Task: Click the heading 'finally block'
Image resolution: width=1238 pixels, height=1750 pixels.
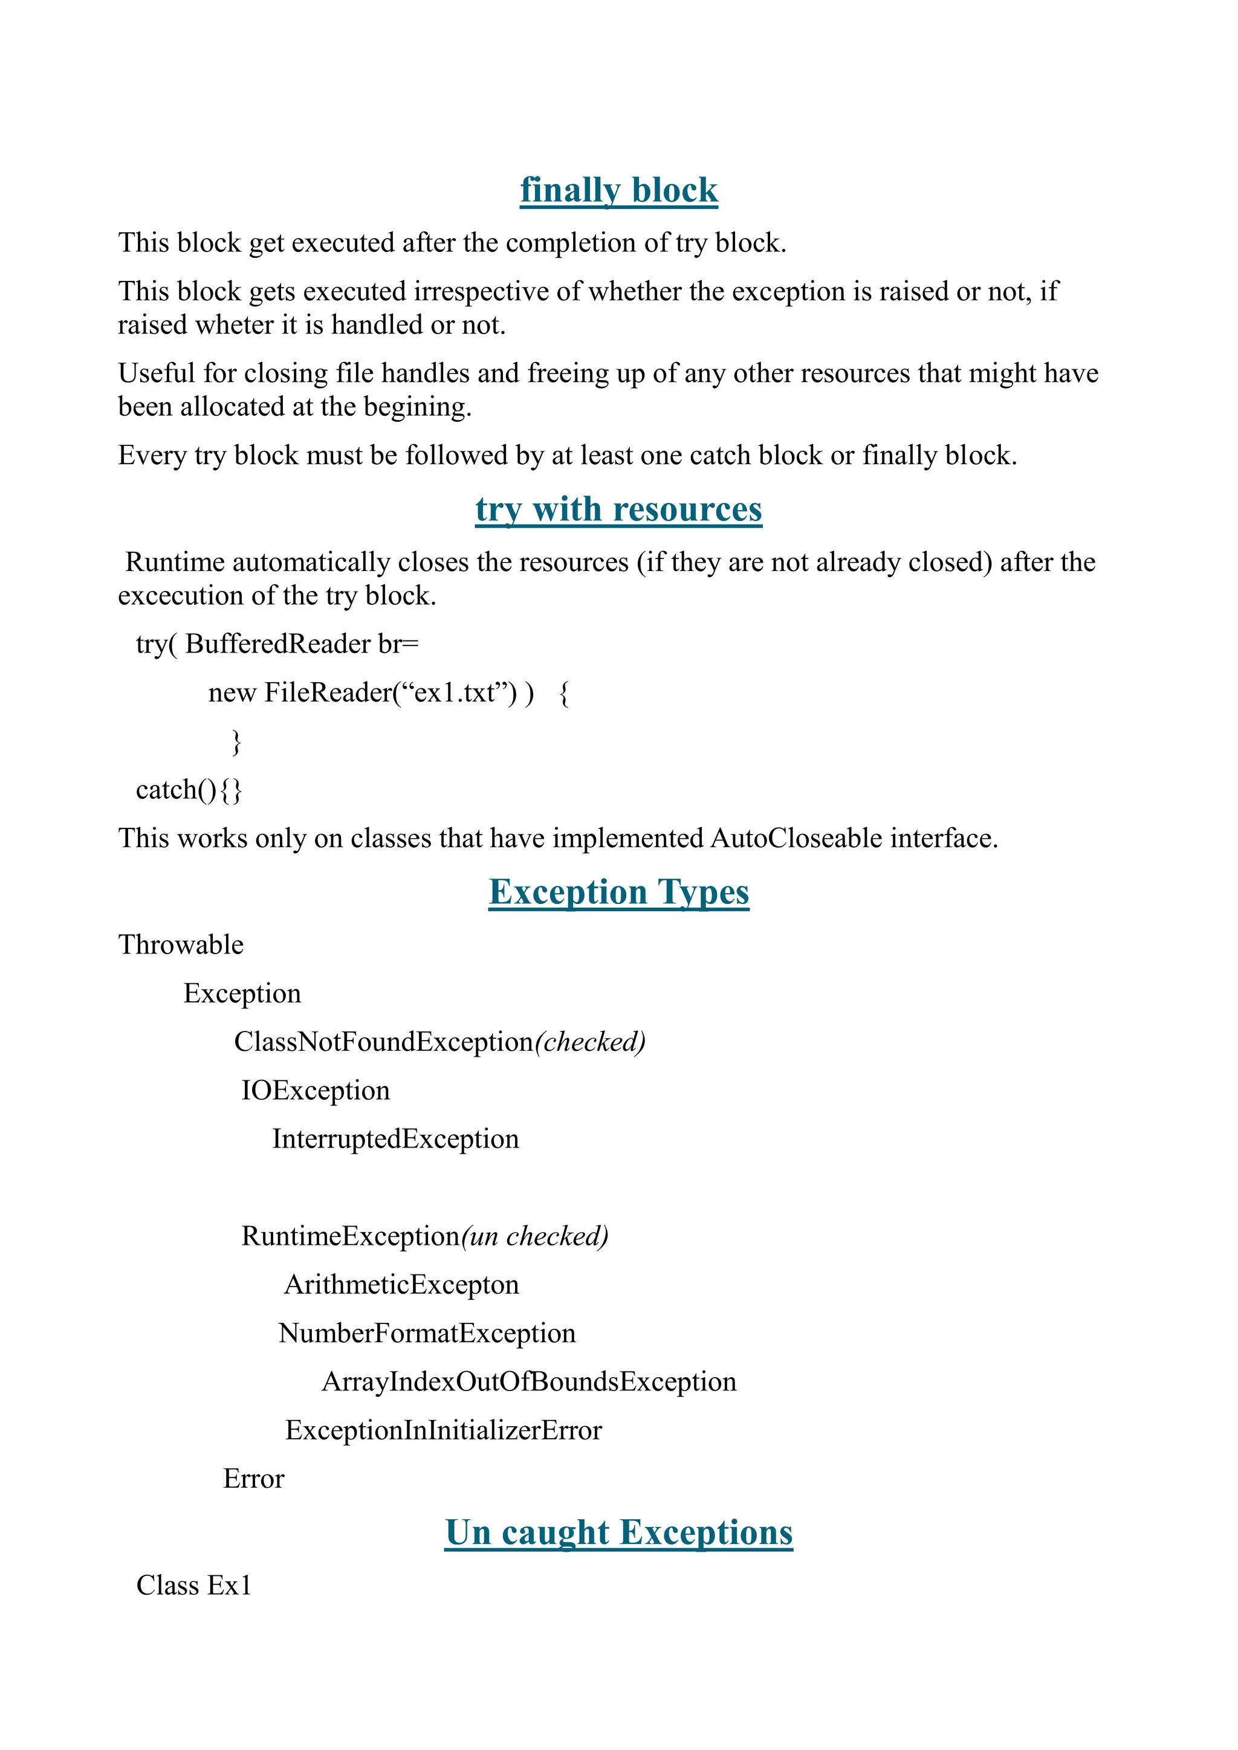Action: click(x=618, y=190)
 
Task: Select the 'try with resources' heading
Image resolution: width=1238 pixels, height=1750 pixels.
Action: click(x=618, y=509)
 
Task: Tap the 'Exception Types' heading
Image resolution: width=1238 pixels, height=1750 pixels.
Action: click(x=618, y=892)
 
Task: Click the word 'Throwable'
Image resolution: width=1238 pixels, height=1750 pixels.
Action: click(x=181, y=945)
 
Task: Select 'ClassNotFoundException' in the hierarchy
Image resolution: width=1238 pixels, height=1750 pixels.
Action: click(x=383, y=1042)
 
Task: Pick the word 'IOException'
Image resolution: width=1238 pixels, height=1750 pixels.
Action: click(x=316, y=1091)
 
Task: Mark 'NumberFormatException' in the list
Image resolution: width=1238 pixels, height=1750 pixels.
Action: click(x=427, y=1333)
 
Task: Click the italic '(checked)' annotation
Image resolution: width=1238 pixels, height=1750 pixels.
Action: click(x=590, y=1042)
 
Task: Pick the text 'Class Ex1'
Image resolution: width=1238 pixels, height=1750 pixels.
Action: click(x=193, y=1586)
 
